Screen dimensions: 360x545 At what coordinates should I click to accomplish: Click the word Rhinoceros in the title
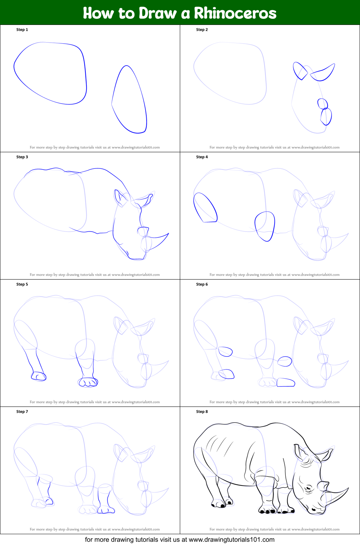tap(235, 13)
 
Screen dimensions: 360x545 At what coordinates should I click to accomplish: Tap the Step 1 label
tap(22, 30)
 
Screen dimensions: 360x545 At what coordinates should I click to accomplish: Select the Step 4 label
tap(202, 157)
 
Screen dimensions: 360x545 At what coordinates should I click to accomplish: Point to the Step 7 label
tap(22, 412)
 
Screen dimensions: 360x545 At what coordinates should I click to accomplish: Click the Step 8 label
tap(202, 412)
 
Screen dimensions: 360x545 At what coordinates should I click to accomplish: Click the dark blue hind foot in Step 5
tap(39, 376)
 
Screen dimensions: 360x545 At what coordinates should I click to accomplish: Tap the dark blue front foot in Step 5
tap(88, 382)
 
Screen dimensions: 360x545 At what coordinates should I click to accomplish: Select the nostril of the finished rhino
tap(314, 509)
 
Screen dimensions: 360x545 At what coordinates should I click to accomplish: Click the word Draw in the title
tap(157, 13)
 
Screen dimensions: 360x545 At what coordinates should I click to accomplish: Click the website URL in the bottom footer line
tap(232, 540)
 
